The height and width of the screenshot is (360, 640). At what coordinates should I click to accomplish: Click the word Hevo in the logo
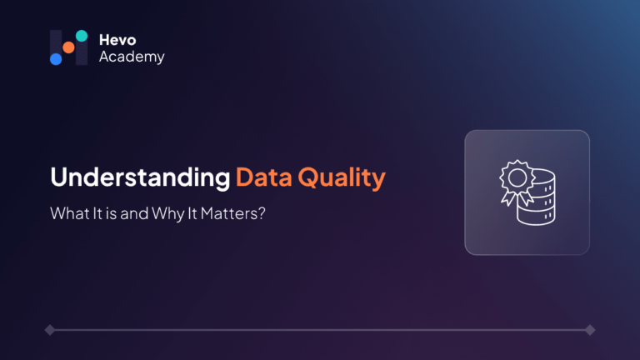coord(117,40)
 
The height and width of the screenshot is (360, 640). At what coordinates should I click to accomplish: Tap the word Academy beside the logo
coord(132,57)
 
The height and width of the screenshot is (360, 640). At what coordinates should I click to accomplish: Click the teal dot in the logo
coord(82,36)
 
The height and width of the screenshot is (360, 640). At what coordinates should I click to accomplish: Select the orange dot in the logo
coord(68,47)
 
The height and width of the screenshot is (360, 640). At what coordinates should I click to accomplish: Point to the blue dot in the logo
coord(56,59)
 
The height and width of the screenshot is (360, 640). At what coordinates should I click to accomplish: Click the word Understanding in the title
coord(140,177)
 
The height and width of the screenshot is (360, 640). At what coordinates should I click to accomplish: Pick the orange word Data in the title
coord(264,177)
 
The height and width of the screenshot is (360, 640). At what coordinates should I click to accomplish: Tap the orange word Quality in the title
coord(342,178)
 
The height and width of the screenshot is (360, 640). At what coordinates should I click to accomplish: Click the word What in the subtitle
coord(70,213)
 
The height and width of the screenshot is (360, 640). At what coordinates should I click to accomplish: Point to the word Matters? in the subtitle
coord(233,213)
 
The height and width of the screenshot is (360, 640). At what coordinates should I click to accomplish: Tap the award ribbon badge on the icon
coord(517,177)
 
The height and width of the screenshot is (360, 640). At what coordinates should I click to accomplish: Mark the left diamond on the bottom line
coord(50,330)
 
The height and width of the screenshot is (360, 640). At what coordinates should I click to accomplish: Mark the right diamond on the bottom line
coord(590,330)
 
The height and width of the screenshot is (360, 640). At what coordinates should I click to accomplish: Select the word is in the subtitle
coord(111,213)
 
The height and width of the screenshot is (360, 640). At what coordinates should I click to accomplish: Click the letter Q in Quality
coord(307,178)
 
